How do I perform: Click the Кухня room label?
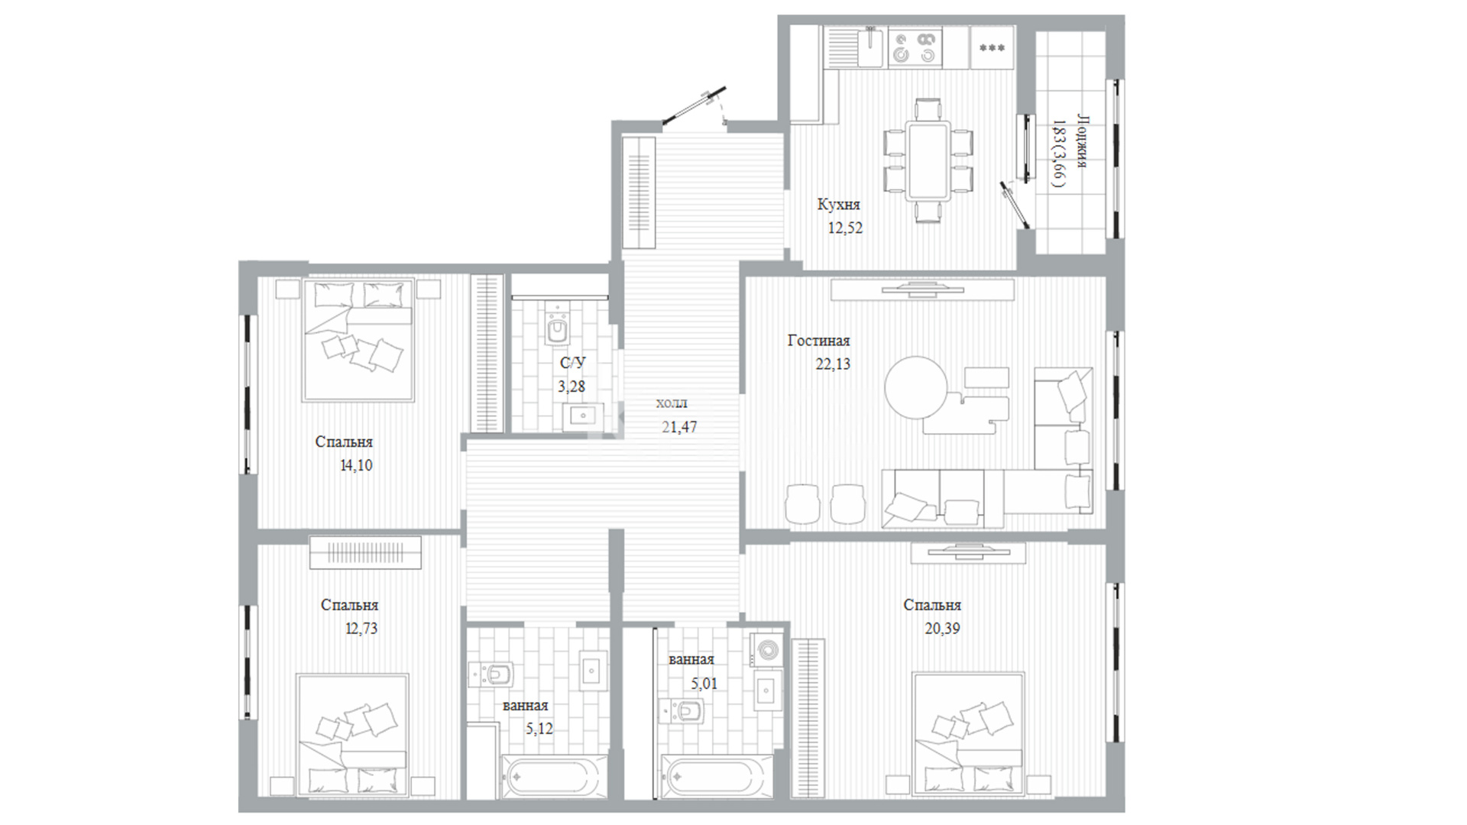(838, 205)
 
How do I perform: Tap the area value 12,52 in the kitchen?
(845, 228)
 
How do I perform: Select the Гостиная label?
(818, 341)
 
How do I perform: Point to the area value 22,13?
(833, 364)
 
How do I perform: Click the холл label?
(672, 403)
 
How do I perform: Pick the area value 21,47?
(679, 428)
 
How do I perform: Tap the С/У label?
(573, 363)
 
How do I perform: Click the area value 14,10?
(356, 465)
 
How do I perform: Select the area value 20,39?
(942, 629)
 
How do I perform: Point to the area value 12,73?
(361, 629)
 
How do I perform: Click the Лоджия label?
(1083, 141)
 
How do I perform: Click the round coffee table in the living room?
(916, 388)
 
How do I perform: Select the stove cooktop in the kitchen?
(916, 47)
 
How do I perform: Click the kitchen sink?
(870, 46)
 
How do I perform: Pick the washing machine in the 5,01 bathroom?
(765, 649)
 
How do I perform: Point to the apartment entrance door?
(694, 106)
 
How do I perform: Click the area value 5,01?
(704, 684)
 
